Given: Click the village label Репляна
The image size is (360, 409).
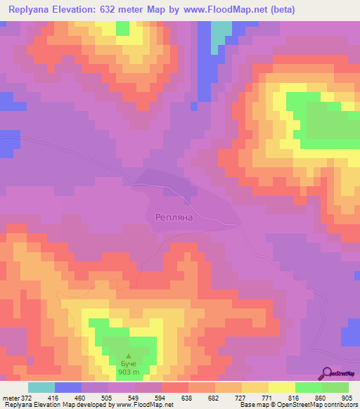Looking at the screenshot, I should [x=173, y=218].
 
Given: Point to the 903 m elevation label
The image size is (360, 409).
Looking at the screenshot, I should [x=128, y=372].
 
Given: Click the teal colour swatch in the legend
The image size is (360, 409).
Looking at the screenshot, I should [x=41, y=387].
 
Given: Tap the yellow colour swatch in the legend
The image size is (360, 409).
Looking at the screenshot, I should [x=282, y=387].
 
